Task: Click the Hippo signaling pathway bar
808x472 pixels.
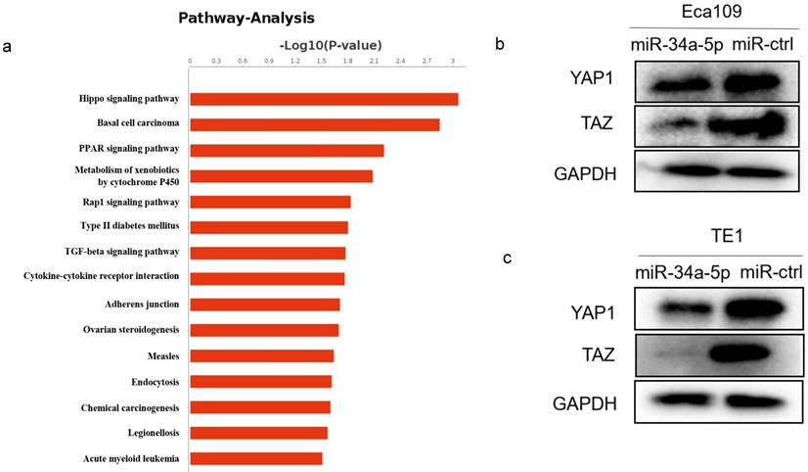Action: (324, 99)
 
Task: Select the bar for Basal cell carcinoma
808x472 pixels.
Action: (314, 124)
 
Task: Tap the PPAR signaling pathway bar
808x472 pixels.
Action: (287, 150)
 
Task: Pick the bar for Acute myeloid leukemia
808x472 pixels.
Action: (255, 458)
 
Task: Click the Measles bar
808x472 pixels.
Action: (261, 355)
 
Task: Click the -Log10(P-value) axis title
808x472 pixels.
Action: (330, 45)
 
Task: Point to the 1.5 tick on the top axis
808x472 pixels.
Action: (321, 61)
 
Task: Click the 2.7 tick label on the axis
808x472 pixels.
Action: (426, 61)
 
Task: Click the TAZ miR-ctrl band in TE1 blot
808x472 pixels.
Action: (754, 354)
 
